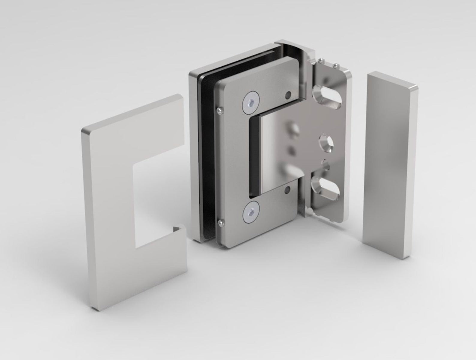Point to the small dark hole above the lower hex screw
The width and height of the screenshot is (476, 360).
(x=287, y=190)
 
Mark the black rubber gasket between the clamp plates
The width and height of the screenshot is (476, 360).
(x=207, y=156)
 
